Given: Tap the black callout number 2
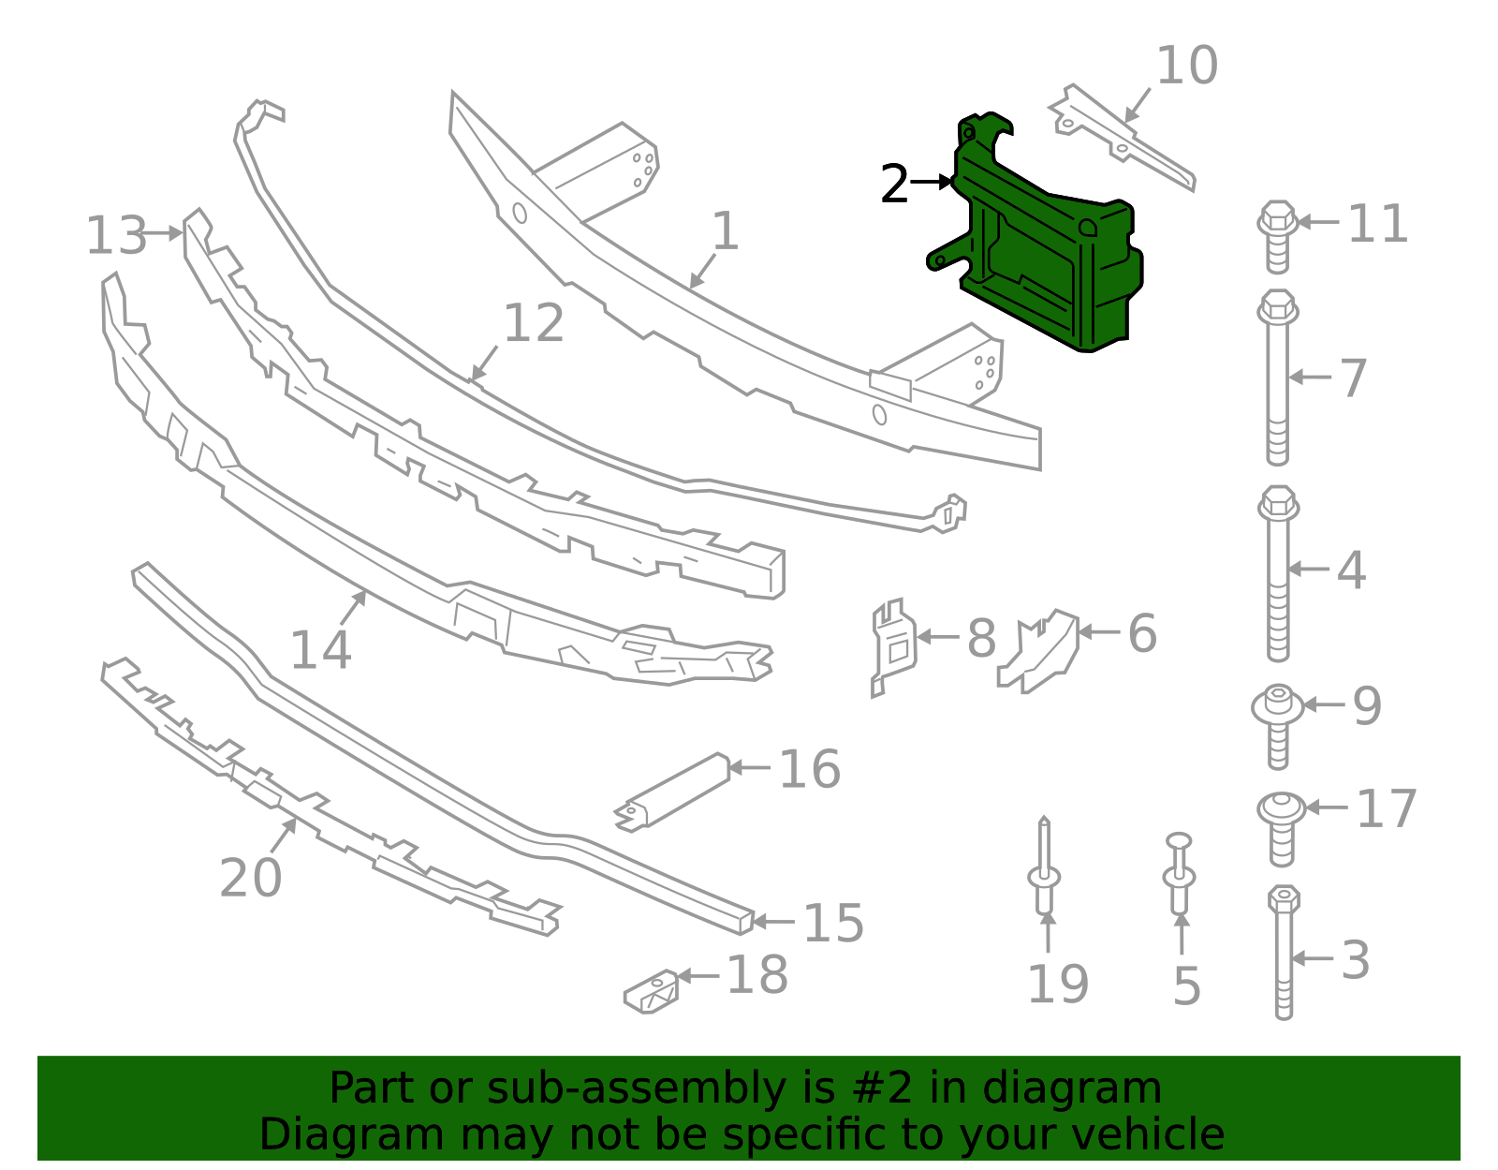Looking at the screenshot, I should (894, 185).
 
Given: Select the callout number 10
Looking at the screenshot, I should (1186, 67).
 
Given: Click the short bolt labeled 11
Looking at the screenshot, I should (1277, 236).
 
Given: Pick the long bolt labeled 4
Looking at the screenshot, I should (1278, 573).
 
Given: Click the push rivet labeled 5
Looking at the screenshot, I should (1180, 876).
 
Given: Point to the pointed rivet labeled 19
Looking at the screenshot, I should (1045, 871).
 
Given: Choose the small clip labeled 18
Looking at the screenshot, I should (652, 991).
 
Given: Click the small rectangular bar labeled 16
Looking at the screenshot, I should (672, 792).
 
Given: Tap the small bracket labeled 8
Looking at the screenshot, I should (892, 646).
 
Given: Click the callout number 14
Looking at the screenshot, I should (320, 650).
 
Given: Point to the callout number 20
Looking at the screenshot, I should (250, 879).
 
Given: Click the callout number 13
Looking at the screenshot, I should (116, 235).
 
